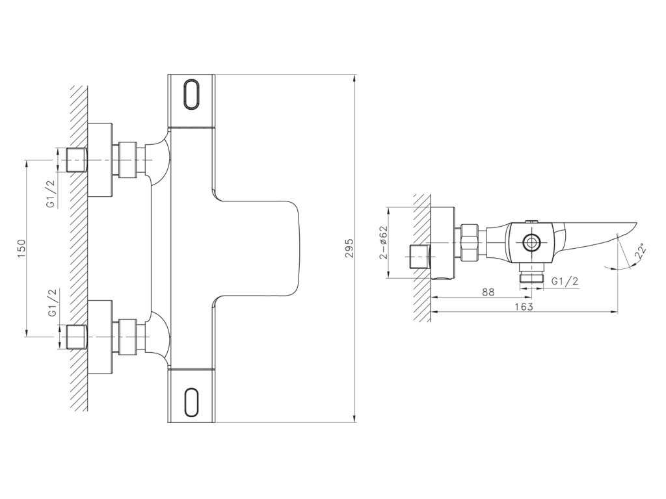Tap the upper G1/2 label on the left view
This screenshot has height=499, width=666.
click(51, 194)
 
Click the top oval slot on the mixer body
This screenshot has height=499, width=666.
click(192, 96)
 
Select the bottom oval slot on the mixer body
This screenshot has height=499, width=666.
click(192, 399)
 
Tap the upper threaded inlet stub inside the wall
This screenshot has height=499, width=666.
click(77, 160)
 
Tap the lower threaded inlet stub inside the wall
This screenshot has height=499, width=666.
click(77, 337)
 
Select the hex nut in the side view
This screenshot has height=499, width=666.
click(470, 242)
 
